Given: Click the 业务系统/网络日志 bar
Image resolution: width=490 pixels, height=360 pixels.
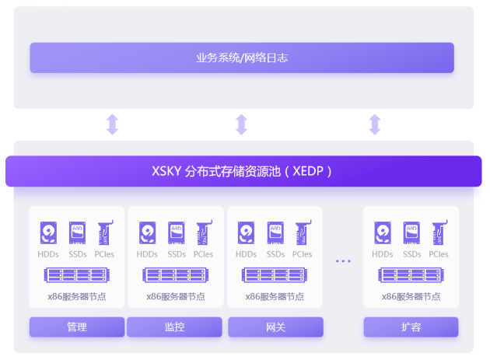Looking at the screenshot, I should [x=242, y=58].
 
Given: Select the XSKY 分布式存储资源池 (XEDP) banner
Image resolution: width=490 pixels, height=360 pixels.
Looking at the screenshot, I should [x=243, y=171].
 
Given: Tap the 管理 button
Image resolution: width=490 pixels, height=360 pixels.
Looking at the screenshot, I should [x=77, y=327].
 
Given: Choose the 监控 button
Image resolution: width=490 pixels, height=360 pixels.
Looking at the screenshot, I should [x=175, y=327].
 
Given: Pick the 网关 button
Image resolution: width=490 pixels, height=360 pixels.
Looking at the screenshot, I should [x=275, y=327].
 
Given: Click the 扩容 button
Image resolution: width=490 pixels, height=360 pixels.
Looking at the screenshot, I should [x=411, y=327].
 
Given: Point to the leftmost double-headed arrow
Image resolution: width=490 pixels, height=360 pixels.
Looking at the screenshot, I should [x=112, y=124].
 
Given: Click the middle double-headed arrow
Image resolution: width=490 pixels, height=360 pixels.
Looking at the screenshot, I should [x=241, y=124].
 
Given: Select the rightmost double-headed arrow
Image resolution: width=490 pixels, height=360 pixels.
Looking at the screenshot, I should [x=375, y=124].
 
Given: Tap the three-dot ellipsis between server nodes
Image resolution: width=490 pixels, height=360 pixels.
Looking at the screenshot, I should [x=343, y=261].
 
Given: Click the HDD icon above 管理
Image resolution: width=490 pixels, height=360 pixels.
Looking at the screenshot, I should [x=49, y=233].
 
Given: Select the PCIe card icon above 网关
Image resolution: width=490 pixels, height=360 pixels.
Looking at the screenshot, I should [x=302, y=233].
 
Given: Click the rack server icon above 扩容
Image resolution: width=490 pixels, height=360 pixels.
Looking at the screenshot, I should [x=411, y=275].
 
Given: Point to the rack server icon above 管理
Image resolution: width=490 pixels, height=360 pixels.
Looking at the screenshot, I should [x=77, y=275].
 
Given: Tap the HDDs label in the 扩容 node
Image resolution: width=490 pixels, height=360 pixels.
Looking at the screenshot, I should [x=383, y=254].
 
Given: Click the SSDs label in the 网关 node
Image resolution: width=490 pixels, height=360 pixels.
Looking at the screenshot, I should [x=275, y=254].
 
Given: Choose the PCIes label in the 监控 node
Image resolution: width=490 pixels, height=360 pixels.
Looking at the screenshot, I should [x=203, y=254].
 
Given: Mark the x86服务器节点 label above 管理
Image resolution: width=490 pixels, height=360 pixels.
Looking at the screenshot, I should [x=77, y=296].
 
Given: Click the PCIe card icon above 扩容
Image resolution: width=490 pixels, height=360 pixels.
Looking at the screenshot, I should [x=438, y=233].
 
